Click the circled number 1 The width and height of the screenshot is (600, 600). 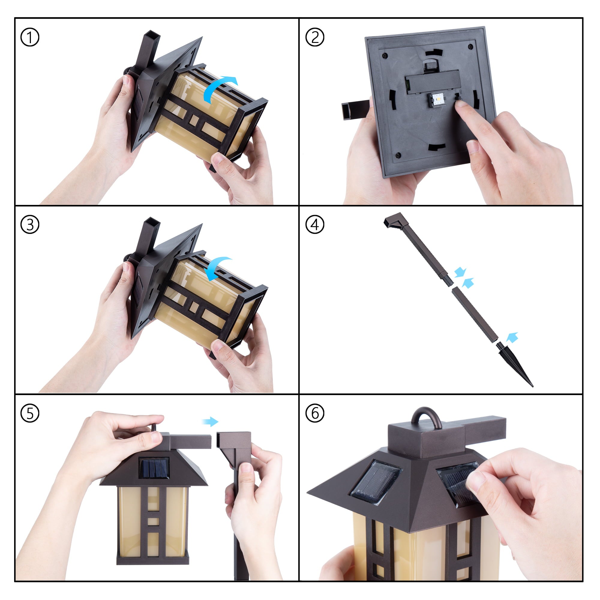point(30,37)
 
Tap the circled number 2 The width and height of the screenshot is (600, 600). point(315,37)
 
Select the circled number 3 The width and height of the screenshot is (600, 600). point(30,224)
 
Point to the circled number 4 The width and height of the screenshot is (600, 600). point(315,224)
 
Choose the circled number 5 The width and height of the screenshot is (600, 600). point(30,413)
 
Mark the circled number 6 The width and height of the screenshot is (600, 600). point(315,413)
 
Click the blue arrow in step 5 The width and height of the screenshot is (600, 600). point(210,421)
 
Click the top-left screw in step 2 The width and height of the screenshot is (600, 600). point(385,55)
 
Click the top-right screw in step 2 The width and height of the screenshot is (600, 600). point(470,47)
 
